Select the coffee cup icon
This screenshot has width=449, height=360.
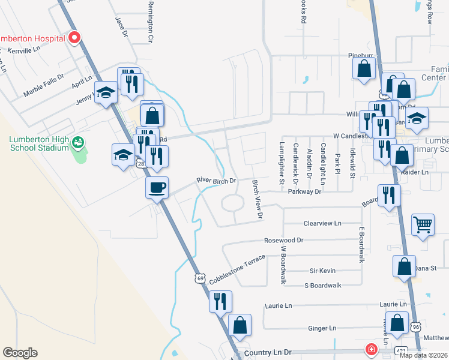click(x=157, y=187)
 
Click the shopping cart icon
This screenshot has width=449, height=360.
click(x=423, y=224)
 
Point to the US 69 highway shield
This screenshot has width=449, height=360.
click(x=200, y=278)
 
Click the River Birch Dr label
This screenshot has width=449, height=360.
click(x=217, y=180)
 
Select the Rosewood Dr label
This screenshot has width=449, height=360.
click(x=285, y=240)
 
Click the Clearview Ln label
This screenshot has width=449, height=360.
click(x=322, y=223)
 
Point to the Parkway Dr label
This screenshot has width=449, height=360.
click(x=304, y=192)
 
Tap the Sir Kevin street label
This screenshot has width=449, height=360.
click(x=321, y=271)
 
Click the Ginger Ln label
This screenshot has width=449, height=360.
click(x=322, y=328)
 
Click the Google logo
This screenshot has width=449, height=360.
click(x=20, y=353)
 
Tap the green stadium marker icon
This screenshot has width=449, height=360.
click(x=77, y=143)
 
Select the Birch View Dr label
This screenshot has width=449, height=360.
click(x=258, y=199)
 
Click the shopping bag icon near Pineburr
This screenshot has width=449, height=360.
click(x=364, y=68)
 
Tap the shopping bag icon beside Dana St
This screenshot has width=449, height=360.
click(x=404, y=265)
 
